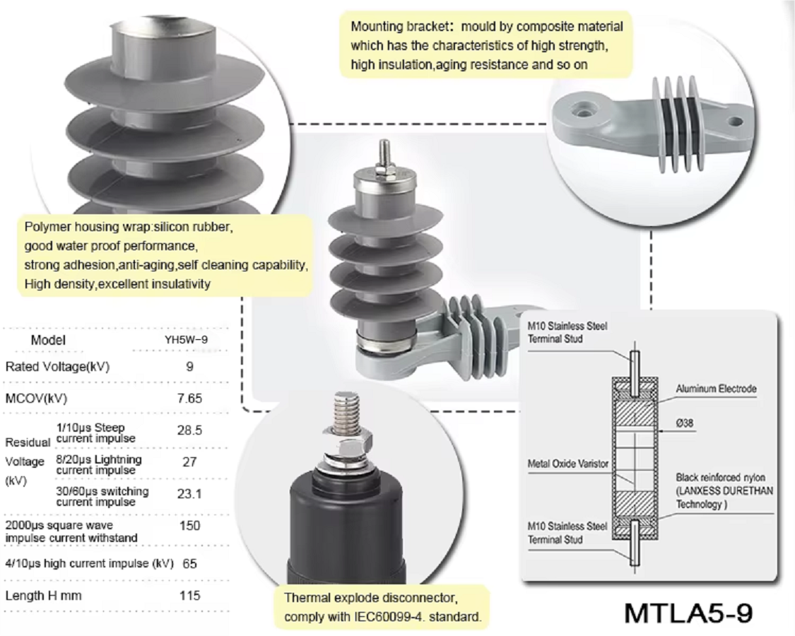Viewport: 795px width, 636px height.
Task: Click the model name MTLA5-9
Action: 688,612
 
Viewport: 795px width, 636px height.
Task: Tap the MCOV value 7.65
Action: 189,398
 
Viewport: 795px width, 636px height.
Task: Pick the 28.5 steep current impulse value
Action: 189,430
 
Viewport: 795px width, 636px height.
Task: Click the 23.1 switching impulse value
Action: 189,494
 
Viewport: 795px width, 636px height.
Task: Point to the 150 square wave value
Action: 189,526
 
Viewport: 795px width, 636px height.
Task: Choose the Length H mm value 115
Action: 189,595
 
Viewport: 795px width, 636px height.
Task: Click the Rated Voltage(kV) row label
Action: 57,367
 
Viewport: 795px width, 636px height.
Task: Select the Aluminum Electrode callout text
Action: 716,389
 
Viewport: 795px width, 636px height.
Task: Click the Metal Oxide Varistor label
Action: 567,464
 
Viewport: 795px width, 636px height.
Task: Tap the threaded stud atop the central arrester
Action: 384,153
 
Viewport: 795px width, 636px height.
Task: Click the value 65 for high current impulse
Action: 189,564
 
